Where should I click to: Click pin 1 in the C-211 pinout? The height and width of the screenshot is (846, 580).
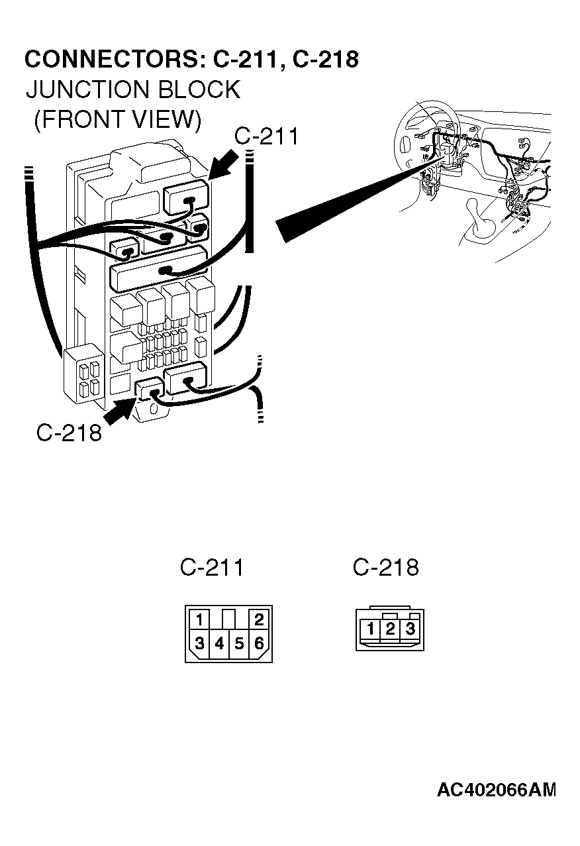click(x=199, y=620)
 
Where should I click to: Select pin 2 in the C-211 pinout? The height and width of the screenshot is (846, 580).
click(x=259, y=620)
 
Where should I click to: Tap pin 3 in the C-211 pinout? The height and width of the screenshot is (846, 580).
click(x=199, y=643)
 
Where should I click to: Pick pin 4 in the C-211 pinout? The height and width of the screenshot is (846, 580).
click(x=219, y=643)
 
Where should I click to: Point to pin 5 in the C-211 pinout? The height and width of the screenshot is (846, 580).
click(x=239, y=643)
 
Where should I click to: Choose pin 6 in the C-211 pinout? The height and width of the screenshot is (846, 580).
click(x=259, y=643)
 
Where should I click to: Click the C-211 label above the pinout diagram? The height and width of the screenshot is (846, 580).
click(x=212, y=568)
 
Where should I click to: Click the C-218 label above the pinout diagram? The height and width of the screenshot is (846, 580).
click(x=385, y=568)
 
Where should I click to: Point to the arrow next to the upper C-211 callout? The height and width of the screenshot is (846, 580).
click(x=225, y=164)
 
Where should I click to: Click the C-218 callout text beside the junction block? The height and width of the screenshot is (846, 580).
click(x=69, y=433)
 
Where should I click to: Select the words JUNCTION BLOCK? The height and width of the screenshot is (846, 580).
click(x=132, y=89)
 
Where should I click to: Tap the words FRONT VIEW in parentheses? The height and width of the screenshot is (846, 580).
click(x=117, y=119)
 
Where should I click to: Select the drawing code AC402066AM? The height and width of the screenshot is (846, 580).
click(x=496, y=790)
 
